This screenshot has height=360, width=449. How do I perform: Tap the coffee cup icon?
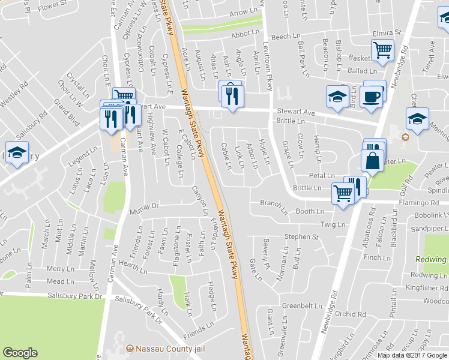pos(371,97)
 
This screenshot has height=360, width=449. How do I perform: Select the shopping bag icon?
pos(373,161)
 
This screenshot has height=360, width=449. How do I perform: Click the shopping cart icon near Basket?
pos(382,50)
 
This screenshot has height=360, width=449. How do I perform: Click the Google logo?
pos(20,353)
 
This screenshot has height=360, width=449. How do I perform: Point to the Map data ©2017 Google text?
pos(412,355)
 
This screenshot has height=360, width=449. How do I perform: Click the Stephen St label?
pos(301,237)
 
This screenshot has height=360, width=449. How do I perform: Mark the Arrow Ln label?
pos(243,12)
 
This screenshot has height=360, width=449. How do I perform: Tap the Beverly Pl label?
pos(265,246)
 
